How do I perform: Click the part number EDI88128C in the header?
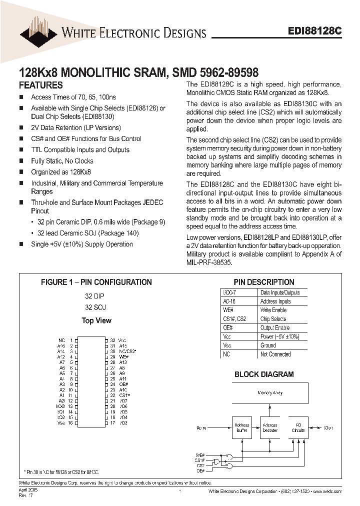pyautogui.click(x=315, y=30)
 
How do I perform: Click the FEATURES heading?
pyautogui.click(x=40, y=85)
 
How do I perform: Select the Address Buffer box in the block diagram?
pyautogui.click(x=242, y=428)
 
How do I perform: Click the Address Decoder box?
pyautogui.click(x=269, y=428)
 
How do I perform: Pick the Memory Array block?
pyautogui.click(x=270, y=393)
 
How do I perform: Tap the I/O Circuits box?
pyautogui.click(x=298, y=428)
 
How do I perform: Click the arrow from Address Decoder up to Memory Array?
pyautogui.click(x=270, y=410)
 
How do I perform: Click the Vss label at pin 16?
pyautogui.click(x=61, y=423)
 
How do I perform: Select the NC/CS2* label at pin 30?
pyautogui.click(x=128, y=351)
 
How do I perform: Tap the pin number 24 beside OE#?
pyautogui.click(x=112, y=384)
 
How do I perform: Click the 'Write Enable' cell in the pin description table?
pyautogui.click(x=273, y=310)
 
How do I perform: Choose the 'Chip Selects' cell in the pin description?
pyautogui.click(x=273, y=319)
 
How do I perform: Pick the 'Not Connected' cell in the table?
pyautogui.click(x=275, y=354)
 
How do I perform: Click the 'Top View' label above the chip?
pyautogui.click(x=96, y=320)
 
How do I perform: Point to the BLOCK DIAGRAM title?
pyautogui.click(x=264, y=374)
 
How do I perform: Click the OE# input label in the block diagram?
pyautogui.click(x=200, y=470)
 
